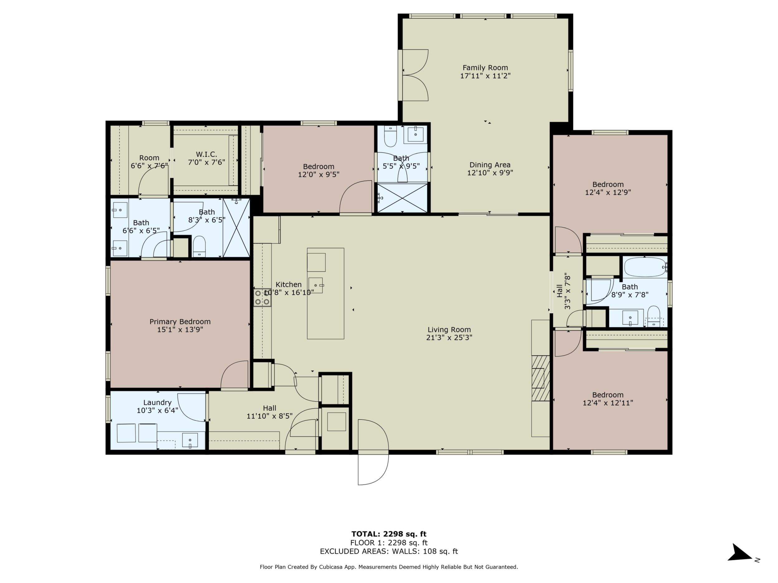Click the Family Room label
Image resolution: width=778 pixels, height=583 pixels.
point(485,68)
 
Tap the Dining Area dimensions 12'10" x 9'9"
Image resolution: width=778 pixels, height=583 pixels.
point(490,173)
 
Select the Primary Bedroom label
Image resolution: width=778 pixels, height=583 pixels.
point(180,321)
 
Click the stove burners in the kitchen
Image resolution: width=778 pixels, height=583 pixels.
point(262,297)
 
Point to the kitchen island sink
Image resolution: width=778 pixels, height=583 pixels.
point(315,285)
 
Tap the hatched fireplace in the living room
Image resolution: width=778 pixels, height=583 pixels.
point(540,378)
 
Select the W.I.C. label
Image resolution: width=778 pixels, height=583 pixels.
point(206,154)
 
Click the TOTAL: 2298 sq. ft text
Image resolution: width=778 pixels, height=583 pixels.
point(389,534)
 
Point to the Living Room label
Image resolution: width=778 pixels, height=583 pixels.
point(449,329)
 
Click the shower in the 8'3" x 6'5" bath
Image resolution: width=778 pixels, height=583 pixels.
point(236,228)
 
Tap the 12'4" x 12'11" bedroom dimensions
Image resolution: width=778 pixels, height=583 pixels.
point(608,403)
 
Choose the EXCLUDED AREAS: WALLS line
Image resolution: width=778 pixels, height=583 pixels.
point(389,551)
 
